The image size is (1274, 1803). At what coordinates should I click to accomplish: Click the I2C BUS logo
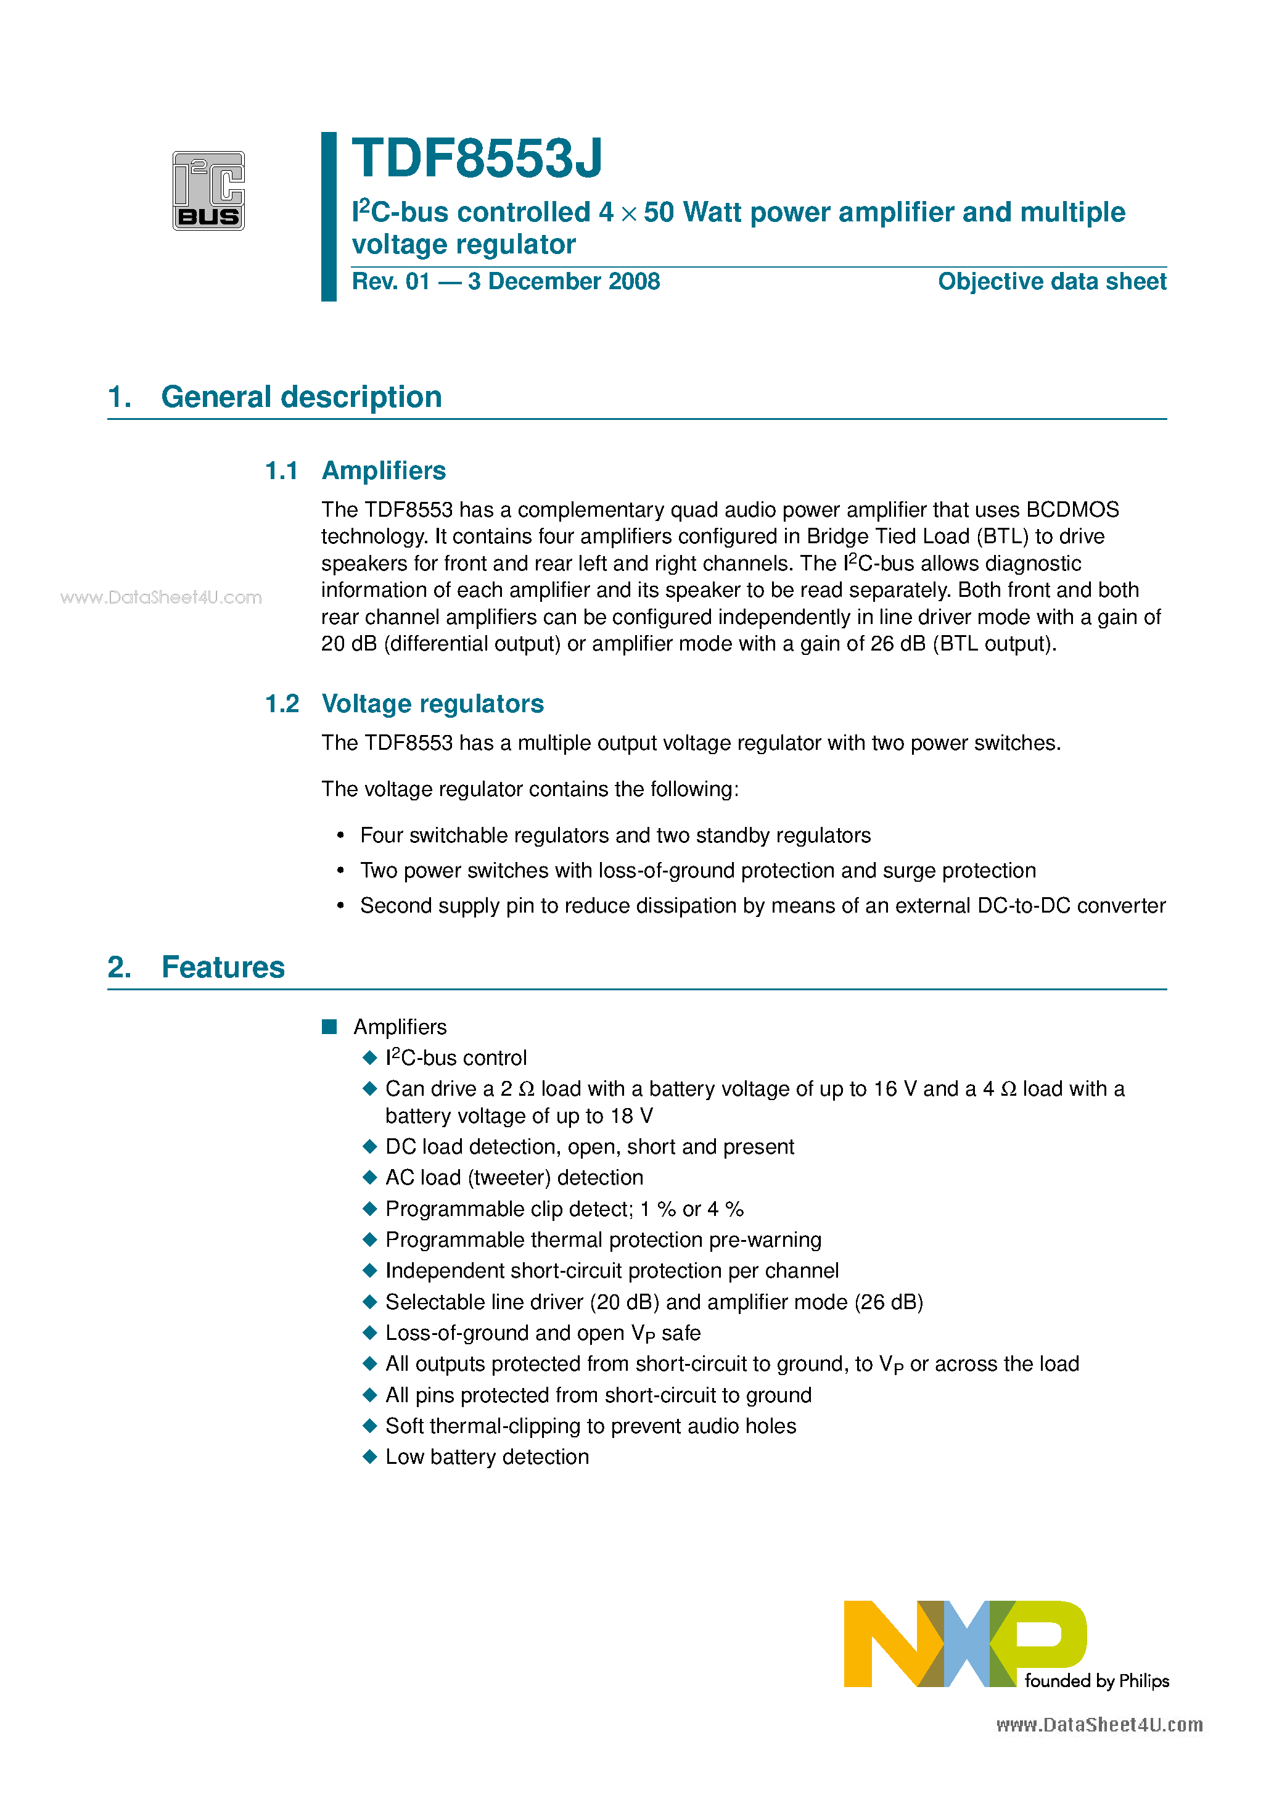click(208, 190)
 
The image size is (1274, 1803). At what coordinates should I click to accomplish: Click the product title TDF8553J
click(477, 158)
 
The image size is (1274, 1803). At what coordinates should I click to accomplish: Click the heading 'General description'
click(301, 396)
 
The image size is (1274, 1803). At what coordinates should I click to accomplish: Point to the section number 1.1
click(281, 470)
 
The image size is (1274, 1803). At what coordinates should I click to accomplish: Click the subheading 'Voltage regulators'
click(432, 704)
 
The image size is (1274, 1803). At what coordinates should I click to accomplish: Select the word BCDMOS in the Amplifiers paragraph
click(1072, 510)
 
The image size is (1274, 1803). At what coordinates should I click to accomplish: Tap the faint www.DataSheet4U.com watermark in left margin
click(161, 597)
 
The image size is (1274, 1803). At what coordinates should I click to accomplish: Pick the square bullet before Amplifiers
click(329, 1026)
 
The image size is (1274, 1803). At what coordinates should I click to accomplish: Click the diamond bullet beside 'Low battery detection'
click(370, 1456)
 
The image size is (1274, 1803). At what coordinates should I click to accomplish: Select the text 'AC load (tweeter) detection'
click(514, 1177)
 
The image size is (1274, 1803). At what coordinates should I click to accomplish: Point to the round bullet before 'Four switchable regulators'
click(340, 836)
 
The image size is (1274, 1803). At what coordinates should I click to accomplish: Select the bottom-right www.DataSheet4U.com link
click(1099, 1725)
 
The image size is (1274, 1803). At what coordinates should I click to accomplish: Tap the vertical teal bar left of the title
click(328, 216)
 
